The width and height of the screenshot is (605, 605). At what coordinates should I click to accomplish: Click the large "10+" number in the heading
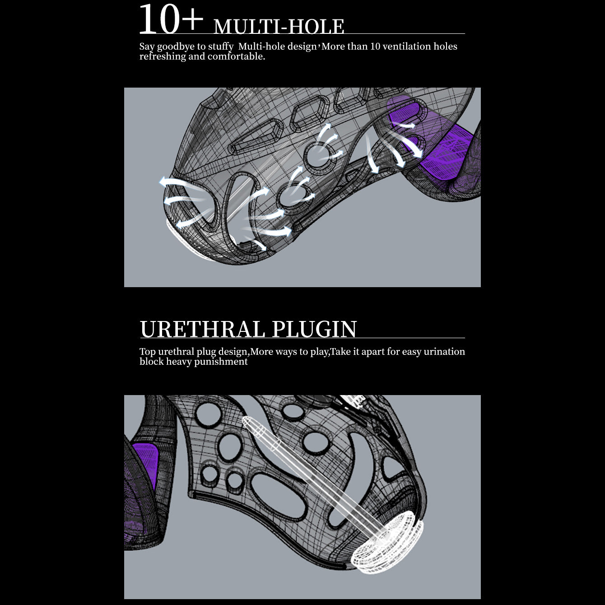pyautogui.click(x=171, y=20)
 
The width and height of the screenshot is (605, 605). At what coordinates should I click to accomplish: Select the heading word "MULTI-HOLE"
pyautogui.click(x=279, y=26)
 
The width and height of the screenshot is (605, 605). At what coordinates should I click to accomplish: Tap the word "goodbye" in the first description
pyautogui.click(x=176, y=47)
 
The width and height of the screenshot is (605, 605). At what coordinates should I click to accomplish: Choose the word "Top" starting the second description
pyautogui.click(x=147, y=352)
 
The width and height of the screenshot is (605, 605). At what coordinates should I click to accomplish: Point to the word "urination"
pyautogui.click(x=444, y=352)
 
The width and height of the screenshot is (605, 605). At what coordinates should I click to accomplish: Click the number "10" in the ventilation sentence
pyautogui.click(x=375, y=47)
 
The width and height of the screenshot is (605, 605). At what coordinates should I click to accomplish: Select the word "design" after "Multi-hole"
pyautogui.click(x=302, y=47)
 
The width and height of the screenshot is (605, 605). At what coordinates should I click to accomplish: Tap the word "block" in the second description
pyautogui.click(x=151, y=362)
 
